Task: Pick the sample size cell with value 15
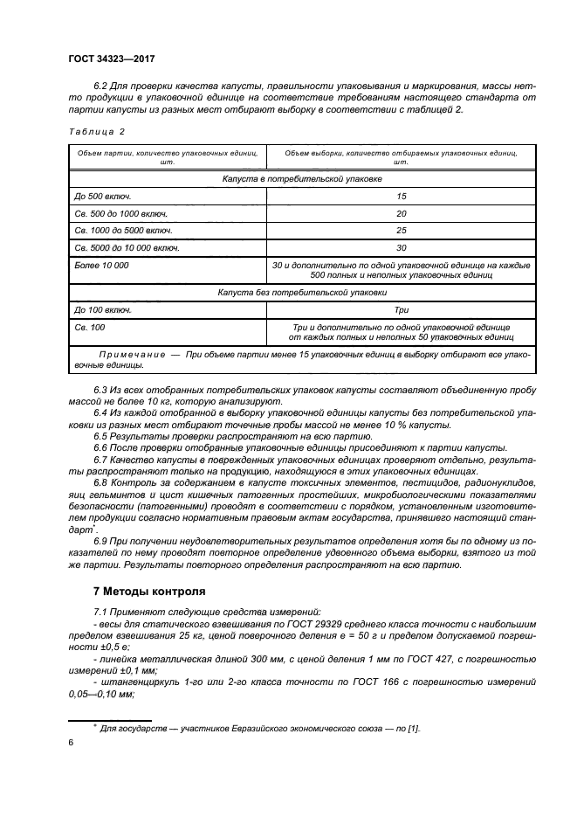[402, 196]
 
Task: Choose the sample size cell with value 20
[402, 213]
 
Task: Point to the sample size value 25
[402, 231]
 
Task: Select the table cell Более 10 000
[102, 265]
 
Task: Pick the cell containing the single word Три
[402, 309]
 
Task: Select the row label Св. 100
[90, 326]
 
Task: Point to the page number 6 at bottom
[71, 743]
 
